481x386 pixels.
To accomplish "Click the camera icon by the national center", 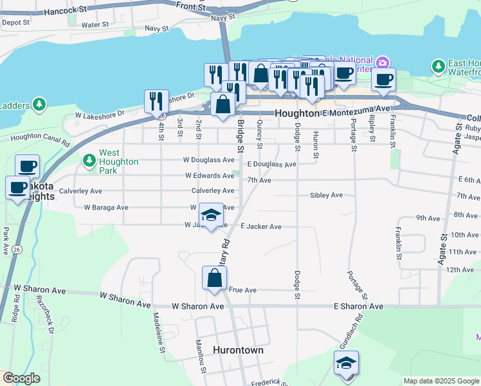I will pyautogui.click(x=383, y=62).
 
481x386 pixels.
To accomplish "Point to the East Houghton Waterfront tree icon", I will pyautogui.click(x=439, y=66).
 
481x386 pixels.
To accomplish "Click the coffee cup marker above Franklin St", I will pyautogui.click(x=384, y=80).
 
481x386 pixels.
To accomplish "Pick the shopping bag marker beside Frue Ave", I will pyautogui.click(x=214, y=279).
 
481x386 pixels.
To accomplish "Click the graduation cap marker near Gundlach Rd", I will pyautogui.click(x=346, y=363).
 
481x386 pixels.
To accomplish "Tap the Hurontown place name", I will pyautogui.click(x=238, y=350).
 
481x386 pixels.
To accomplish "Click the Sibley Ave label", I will pyautogui.click(x=326, y=195).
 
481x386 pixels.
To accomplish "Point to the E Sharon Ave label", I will pyautogui.click(x=358, y=307).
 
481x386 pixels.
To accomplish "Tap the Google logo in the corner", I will pyautogui.click(x=22, y=378).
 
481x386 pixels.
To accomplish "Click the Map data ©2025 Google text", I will pyautogui.click(x=440, y=381).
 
